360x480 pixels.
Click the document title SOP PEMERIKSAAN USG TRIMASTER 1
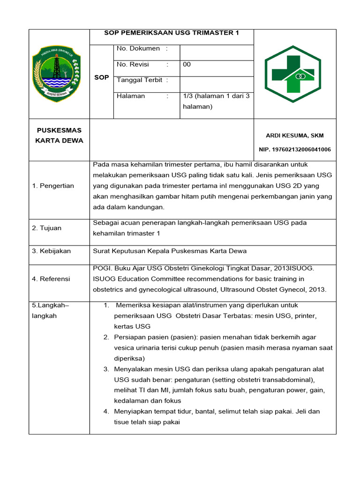pyautogui.click(x=171, y=33)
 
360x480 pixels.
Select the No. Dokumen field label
pyautogui.click(x=138, y=48)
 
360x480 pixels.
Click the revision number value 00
pyautogui.click(x=187, y=64)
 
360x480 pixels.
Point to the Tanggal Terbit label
pyautogui.click(x=140, y=80)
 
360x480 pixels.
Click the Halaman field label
pyautogui.click(x=131, y=96)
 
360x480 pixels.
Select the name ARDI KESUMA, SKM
pyautogui.click(x=294, y=135)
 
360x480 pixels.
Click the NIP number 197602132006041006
pyautogui.click(x=295, y=150)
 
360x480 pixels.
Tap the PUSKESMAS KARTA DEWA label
pyautogui.click(x=59, y=135)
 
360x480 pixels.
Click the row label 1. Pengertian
pyautogui.click(x=53, y=186)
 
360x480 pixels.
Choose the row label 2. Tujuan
pyautogui.click(x=47, y=228)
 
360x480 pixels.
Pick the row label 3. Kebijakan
pyautogui.click(x=52, y=251)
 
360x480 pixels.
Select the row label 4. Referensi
pyautogui.click(x=51, y=279)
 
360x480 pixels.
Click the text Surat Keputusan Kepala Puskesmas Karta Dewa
pyautogui.click(x=170, y=251)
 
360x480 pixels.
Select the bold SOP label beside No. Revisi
pyautogui.click(x=101, y=77)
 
